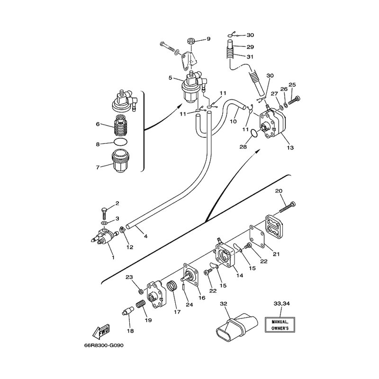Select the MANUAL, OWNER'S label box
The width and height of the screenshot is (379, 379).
point(280,325)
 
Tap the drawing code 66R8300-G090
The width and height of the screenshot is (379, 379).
point(104,345)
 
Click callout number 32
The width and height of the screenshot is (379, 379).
point(224,304)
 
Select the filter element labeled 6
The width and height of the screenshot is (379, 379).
point(120,126)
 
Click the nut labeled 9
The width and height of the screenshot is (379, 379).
point(192,41)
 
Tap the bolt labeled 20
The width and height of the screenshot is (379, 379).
point(287,208)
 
